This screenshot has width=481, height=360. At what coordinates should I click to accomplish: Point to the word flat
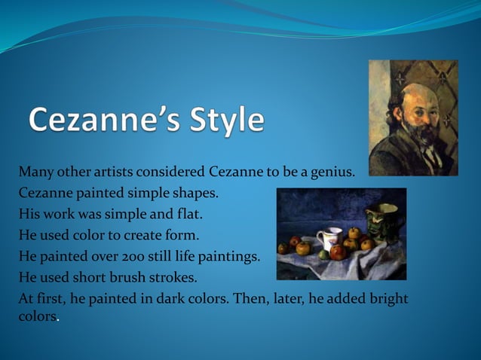[190, 214]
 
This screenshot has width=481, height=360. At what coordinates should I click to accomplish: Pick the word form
[182, 235]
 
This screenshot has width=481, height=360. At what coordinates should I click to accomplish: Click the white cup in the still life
[326, 240]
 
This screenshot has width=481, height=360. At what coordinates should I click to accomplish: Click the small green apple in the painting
[324, 255]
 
